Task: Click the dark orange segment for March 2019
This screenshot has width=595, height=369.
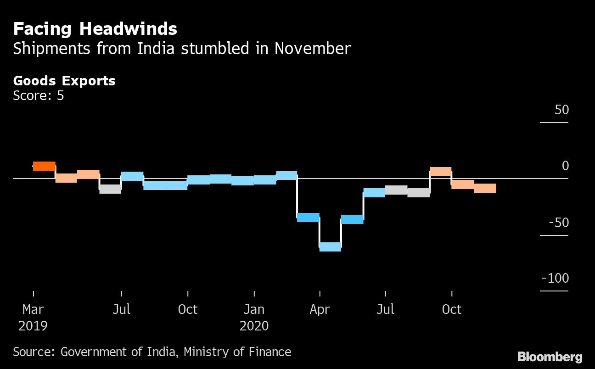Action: [44, 166]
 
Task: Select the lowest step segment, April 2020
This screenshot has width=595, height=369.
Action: [330, 247]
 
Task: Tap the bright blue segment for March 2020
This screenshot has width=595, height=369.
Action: [308, 218]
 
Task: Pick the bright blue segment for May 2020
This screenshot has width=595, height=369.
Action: [352, 219]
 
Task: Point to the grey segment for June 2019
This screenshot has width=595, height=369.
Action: [110, 189]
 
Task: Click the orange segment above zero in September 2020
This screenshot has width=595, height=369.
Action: [440, 172]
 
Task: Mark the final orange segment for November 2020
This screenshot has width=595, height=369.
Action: [485, 188]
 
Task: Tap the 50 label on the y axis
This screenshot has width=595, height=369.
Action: [561, 110]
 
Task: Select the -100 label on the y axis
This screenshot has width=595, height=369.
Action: [555, 279]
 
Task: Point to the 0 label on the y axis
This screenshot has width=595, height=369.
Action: [565, 166]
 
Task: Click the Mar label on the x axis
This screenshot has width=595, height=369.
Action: [33, 309]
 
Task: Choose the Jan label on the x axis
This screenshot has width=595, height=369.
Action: [254, 309]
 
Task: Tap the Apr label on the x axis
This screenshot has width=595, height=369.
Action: [320, 309]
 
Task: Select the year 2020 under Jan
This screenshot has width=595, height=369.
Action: [254, 326]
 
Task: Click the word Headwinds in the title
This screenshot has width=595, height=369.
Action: [128, 29]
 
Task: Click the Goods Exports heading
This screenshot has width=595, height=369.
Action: [64, 81]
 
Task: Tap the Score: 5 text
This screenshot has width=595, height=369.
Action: [39, 95]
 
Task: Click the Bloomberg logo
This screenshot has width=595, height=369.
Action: [550, 357]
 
